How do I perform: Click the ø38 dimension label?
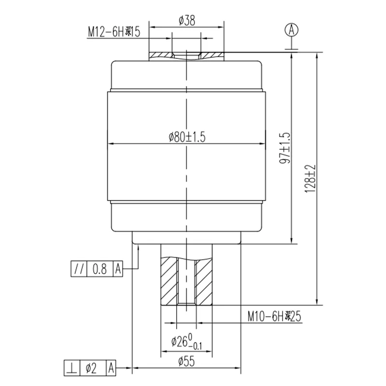[x=186, y=20]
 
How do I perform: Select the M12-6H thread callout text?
[x=113, y=32]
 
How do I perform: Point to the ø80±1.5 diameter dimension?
[x=187, y=137]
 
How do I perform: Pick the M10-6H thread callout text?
[x=274, y=317]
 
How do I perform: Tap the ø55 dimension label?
[x=186, y=360]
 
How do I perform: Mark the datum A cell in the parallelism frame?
[x=118, y=268]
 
